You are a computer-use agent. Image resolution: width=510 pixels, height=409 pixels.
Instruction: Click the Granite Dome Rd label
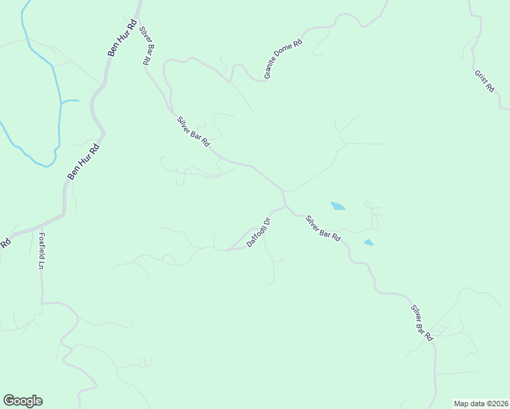[283, 59]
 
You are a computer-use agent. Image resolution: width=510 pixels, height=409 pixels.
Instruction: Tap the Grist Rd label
[485, 81]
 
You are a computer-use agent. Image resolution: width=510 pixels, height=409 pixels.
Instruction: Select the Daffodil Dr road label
[259, 232]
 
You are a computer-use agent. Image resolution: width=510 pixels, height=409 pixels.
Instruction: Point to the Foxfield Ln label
[42, 252]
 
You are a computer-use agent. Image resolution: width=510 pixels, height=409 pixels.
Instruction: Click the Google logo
[22, 401]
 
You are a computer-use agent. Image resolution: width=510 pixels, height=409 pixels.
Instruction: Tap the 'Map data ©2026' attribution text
[481, 403]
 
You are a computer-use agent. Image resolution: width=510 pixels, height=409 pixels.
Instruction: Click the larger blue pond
[337, 205]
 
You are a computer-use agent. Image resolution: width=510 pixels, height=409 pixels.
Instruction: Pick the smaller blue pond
[368, 242]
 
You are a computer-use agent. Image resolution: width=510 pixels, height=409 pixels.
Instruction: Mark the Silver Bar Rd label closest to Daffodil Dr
[322, 228]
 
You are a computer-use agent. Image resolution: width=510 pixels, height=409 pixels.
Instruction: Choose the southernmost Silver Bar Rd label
[422, 323]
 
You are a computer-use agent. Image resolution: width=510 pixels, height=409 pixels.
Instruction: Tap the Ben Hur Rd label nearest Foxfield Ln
[83, 162]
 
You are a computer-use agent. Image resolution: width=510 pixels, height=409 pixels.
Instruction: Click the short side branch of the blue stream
[70, 102]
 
